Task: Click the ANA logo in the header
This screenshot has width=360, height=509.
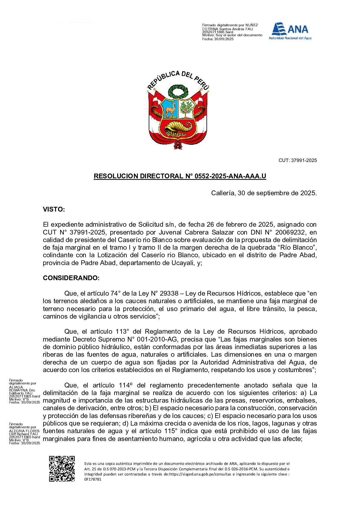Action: click(290, 31)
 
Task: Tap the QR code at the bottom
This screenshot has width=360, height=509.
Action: click(62, 468)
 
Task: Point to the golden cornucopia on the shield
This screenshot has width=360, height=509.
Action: click(178, 127)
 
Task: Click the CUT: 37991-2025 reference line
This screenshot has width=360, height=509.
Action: click(297, 160)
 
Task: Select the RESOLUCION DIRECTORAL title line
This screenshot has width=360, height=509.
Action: click(180, 176)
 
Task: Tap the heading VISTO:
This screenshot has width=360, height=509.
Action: click(54, 209)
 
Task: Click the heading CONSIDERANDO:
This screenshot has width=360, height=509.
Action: click(71, 278)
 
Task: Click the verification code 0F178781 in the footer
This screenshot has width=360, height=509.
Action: click(93, 479)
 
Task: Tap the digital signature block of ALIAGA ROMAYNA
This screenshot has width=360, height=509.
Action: click(24, 391)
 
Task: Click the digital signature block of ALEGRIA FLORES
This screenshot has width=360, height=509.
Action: click(24, 433)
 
